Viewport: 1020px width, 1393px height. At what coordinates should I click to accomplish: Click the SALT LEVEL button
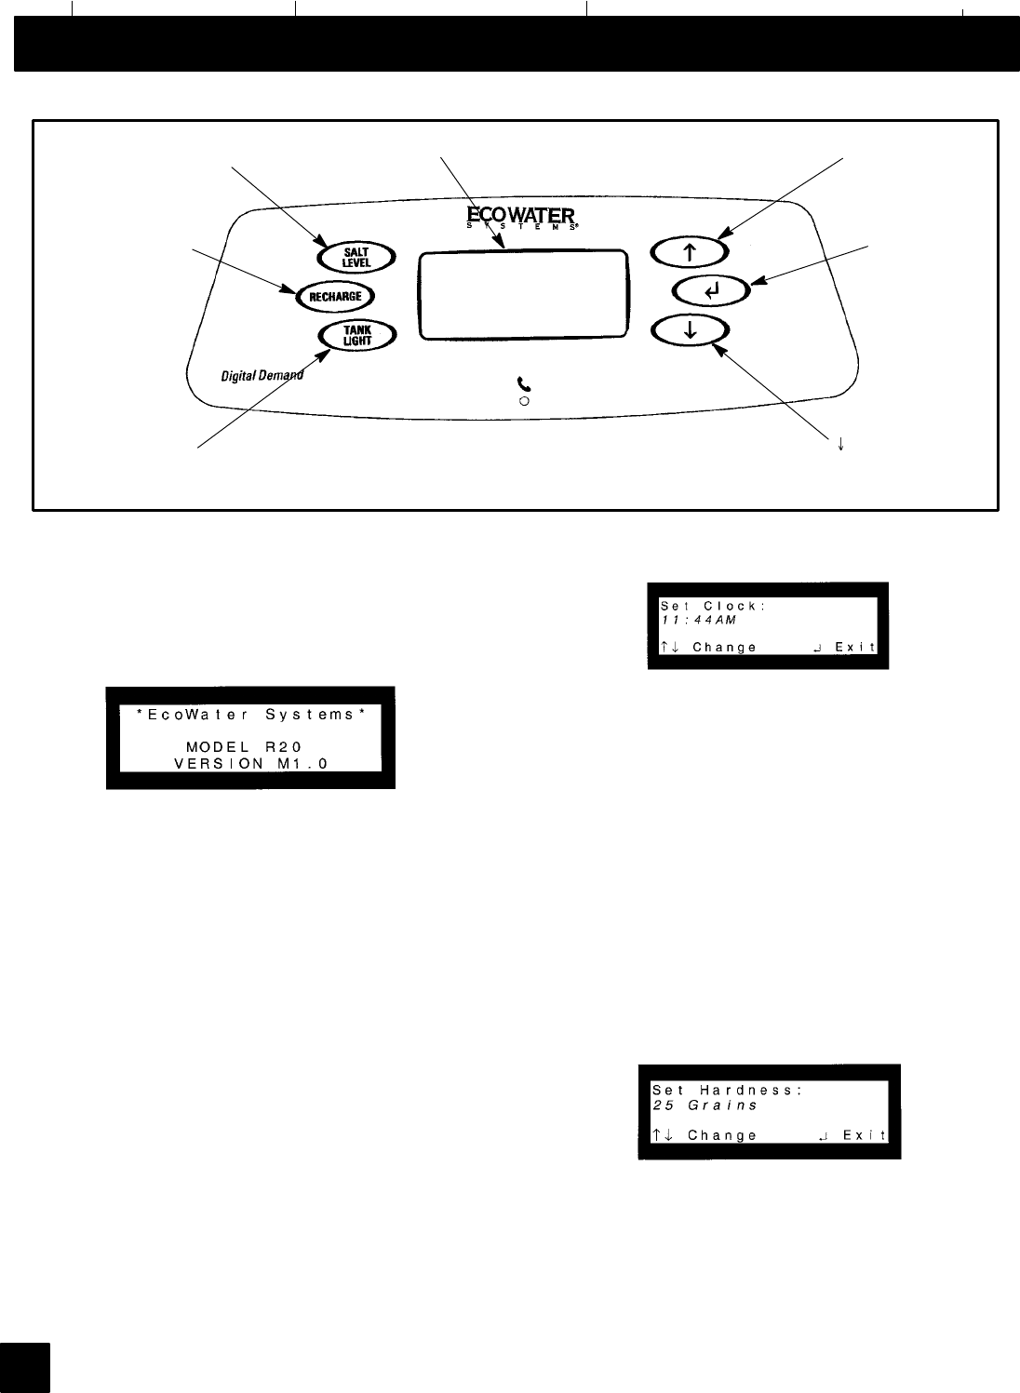(356, 257)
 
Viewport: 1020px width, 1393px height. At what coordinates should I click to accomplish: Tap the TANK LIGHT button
(356, 335)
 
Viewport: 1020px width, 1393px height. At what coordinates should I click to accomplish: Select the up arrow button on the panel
(690, 252)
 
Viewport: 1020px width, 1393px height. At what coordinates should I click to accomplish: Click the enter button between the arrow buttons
(712, 291)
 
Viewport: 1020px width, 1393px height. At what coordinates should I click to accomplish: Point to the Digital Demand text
(262, 376)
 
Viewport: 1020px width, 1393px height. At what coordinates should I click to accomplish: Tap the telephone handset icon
(524, 382)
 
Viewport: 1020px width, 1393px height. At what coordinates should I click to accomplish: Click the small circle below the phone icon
(524, 401)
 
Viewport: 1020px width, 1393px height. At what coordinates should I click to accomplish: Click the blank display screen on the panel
(521, 295)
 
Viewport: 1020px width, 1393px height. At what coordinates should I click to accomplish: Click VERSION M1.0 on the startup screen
(251, 763)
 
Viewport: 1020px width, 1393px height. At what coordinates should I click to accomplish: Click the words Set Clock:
(713, 606)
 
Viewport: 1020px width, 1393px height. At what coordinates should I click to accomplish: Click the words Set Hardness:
(727, 1090)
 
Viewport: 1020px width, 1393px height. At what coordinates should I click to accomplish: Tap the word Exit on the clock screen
(855, 647)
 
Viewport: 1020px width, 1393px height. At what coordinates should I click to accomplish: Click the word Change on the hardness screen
(722, 1135)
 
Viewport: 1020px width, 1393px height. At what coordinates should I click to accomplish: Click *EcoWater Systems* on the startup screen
(251, 715)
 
